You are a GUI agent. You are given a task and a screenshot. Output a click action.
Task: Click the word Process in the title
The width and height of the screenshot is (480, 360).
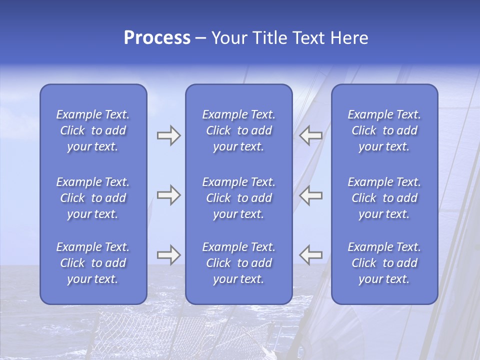(x=157, y=38)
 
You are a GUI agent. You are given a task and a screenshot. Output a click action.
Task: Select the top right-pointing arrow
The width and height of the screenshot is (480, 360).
(x=168, y=135)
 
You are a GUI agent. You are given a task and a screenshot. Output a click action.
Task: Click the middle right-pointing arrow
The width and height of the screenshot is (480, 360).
(x=168, y=195)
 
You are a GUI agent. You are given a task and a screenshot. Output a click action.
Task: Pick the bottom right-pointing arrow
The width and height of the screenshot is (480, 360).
(x=168, y=255)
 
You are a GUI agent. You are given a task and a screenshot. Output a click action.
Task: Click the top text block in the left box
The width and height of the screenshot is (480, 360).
(x=93, y=130)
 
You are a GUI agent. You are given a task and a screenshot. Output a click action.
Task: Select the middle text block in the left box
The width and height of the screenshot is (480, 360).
(x=93, y=198)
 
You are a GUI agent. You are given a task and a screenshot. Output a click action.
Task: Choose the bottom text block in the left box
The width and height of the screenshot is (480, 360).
(x=93, y=263)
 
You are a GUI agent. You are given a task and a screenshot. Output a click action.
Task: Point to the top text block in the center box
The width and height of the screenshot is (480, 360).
(x=238, y=130)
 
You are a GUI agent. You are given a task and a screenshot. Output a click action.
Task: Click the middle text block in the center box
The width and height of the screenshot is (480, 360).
(x=238, y=198)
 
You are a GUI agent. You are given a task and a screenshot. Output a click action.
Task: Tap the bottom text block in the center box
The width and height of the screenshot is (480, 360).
(x=238, y=263)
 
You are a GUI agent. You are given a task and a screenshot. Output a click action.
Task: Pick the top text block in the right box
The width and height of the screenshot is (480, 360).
(x=384, y=130)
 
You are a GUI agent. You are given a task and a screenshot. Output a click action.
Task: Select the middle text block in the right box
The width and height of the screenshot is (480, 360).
(x=384, y=198)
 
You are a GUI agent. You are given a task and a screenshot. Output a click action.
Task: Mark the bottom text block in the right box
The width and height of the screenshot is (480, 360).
(x=384, y=263)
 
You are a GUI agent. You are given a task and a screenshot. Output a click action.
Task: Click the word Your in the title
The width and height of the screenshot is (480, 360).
(x=228, y=38)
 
